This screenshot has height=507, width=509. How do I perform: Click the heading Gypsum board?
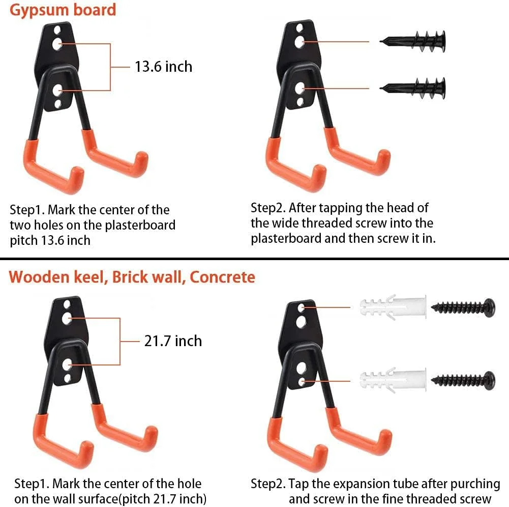pos(63,10)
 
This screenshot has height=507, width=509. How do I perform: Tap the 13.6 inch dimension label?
pos(163,67)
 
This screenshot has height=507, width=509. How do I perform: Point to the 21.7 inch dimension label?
pos(173,341)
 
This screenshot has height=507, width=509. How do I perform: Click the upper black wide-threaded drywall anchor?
pos(412,41)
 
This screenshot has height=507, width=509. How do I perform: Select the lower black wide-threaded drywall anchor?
pos(412,88)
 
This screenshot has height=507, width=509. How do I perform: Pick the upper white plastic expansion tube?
pos(393,307)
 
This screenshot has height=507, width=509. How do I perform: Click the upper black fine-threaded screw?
pos(463,307)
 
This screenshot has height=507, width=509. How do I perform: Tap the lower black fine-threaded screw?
pos(463,380)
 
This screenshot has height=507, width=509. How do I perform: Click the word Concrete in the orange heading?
pos(222,277)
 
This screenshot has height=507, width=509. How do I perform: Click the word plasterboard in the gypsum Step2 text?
pos(286,239)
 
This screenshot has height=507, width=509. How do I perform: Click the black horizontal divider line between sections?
pos(254,259)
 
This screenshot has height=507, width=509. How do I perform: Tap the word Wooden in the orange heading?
pos(39,277)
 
